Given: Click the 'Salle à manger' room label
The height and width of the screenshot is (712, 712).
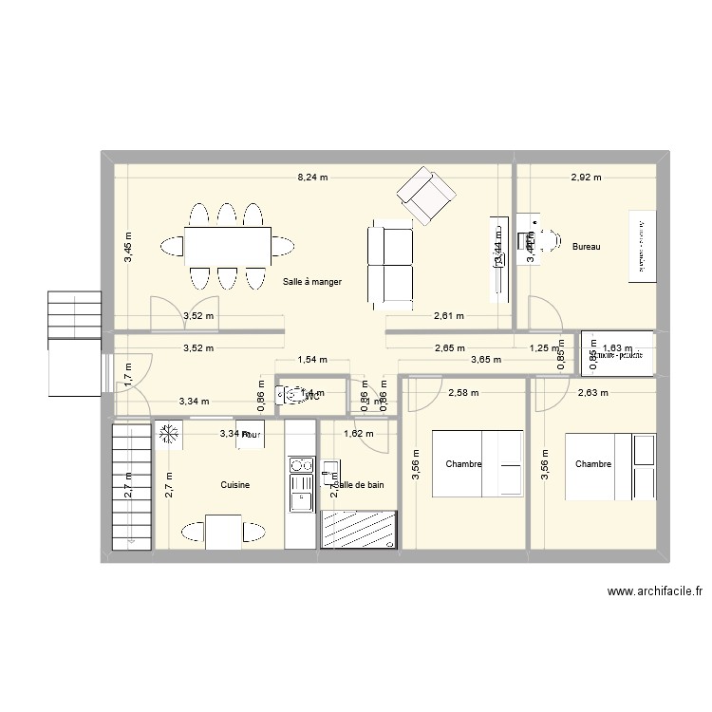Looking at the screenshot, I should tap(311, 282).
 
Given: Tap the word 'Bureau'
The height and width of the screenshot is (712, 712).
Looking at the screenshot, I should tap(587, 248).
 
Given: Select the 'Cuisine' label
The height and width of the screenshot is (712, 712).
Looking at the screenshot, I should tap(234, 485).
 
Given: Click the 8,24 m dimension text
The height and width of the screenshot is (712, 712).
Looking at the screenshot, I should tap(311, 178).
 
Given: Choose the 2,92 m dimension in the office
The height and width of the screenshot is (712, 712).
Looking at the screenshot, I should tap(586, 178).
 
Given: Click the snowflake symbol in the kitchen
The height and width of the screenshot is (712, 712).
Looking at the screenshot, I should tap(170, 435).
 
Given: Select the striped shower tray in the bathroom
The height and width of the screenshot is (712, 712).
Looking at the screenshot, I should tap(357, 528).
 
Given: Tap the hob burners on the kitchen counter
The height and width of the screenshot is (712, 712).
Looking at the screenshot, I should tap(301, 465).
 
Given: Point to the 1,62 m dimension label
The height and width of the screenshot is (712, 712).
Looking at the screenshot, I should tap(359, 434).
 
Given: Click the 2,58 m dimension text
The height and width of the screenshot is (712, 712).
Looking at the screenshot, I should tap(463, 392).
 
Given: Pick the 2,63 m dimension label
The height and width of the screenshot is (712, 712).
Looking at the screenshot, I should tap(593, 392).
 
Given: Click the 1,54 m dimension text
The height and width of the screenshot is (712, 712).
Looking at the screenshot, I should tap(311, 360).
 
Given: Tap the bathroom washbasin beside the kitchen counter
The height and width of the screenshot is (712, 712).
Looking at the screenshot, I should tap(330, 470).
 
